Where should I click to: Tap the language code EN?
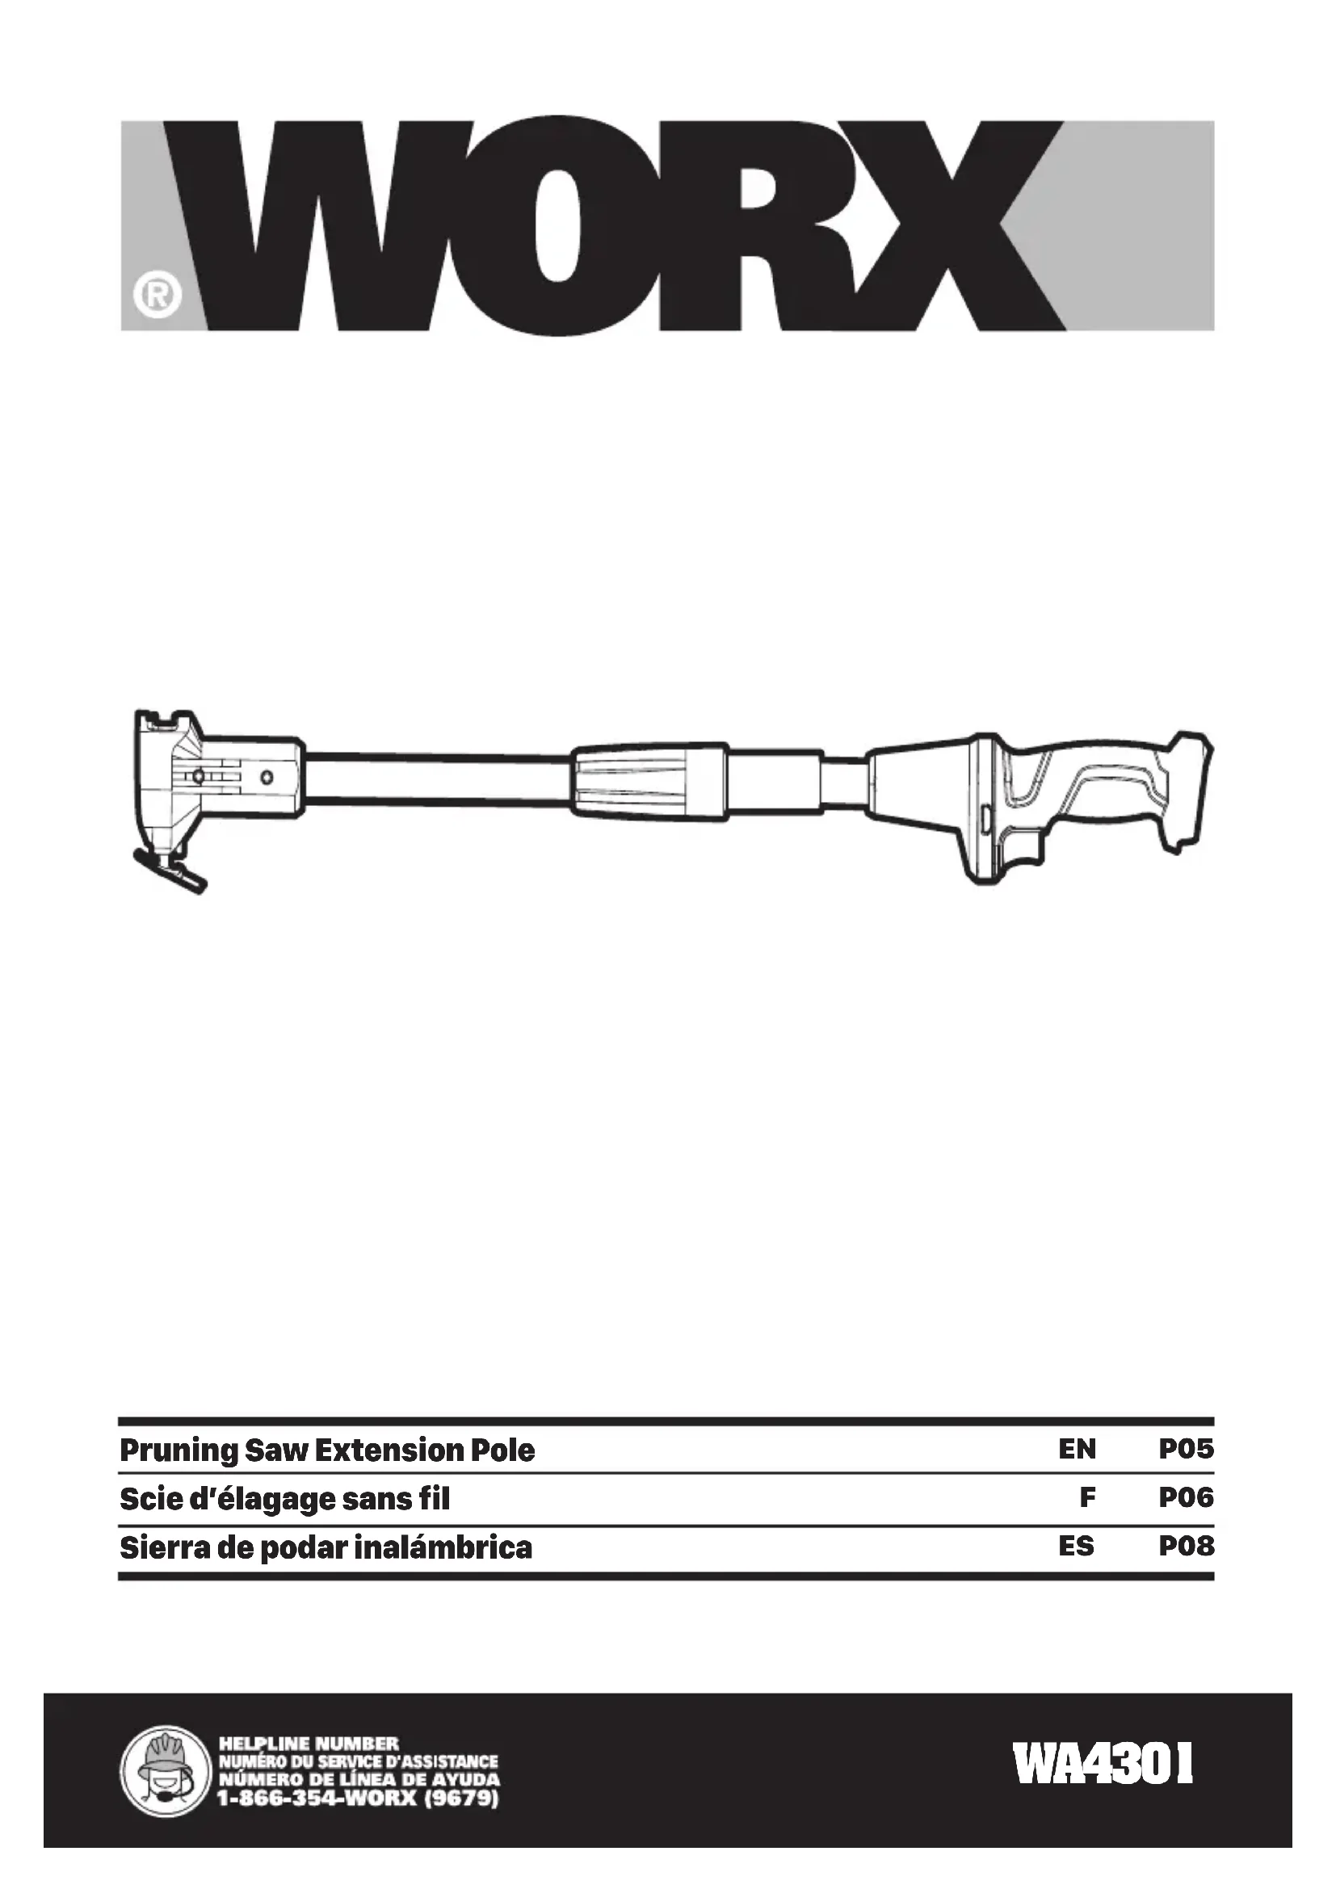point(1077,1449)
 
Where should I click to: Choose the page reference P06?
point(1187,1497)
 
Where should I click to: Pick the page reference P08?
point(1187,1547)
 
